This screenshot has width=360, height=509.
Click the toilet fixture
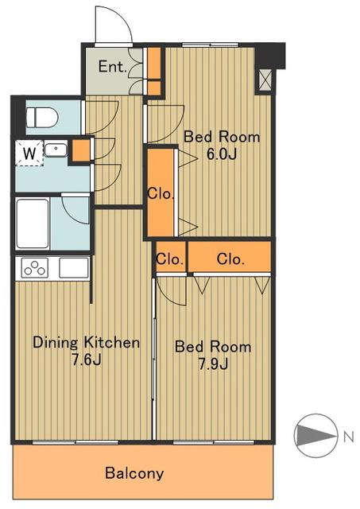point(42,118)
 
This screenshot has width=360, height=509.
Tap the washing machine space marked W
point(29,153)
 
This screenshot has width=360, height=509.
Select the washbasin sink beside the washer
point(56,150)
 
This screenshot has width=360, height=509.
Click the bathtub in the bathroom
point(33,224)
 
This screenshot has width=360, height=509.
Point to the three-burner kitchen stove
point(35,268)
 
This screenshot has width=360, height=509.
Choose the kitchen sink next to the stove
point(74,268)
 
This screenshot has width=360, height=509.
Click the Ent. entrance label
point(112,67)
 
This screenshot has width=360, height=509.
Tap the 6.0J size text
point(222,153)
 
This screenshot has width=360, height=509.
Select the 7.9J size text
point(213,363)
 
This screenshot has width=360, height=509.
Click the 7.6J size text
point(87,359)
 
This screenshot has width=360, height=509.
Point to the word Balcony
point(134,473)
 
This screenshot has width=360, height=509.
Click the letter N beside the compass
point(348,437)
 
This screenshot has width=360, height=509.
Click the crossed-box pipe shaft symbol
point(265,80)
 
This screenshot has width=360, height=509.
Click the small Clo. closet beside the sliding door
point(170,259)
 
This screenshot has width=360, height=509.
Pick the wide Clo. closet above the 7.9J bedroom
point(230,259)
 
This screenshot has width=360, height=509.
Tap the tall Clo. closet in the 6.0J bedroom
point(161,193)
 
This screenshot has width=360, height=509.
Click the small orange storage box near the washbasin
point(80,150)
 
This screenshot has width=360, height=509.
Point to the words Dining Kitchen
point(87,343)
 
